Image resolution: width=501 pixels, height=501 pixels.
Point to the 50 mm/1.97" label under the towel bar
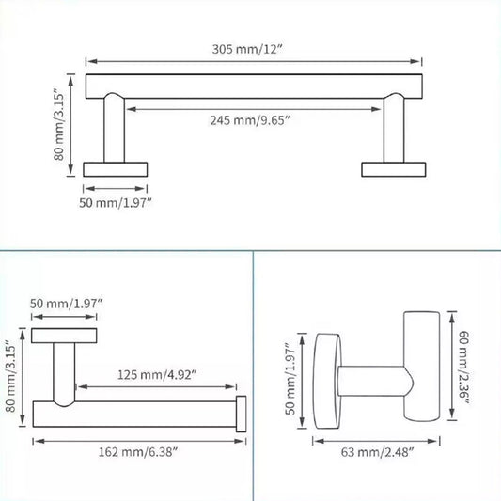pos(117,201)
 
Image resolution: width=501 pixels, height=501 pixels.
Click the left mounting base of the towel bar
pos(116,169)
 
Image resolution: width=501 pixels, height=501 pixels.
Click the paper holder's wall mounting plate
pos(65,336)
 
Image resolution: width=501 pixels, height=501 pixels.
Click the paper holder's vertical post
pos(65,374)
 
